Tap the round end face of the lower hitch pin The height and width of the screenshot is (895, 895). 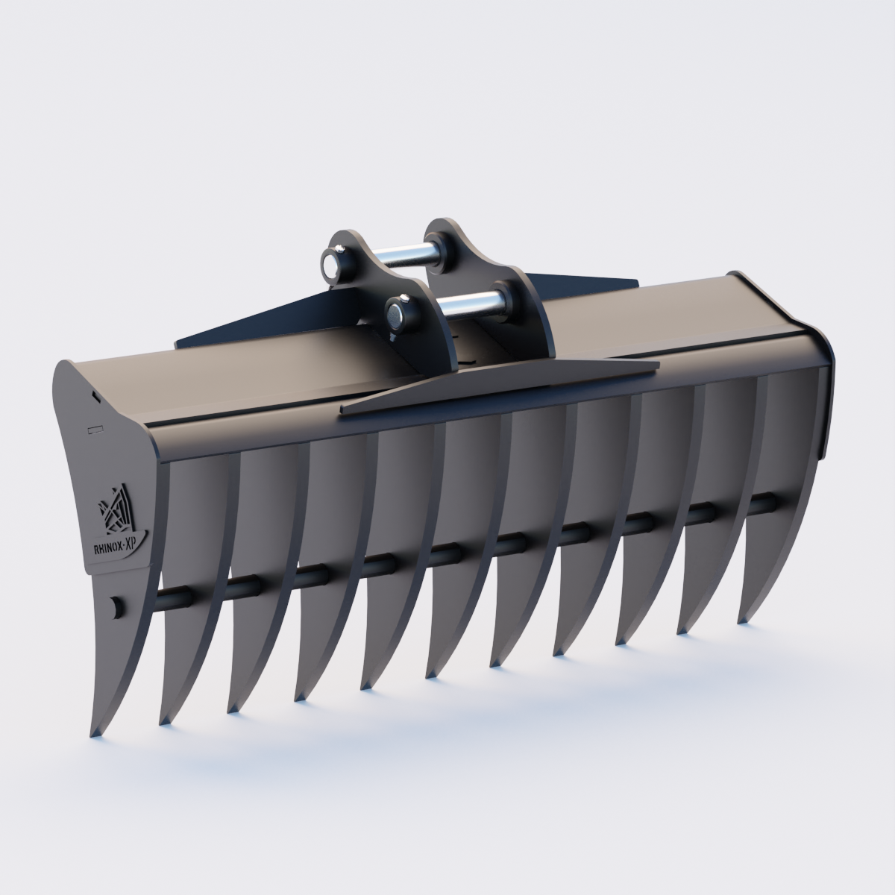[393, 315]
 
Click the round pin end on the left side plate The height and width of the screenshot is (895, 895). [115, 606]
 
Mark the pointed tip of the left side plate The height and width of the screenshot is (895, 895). [96, 735]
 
